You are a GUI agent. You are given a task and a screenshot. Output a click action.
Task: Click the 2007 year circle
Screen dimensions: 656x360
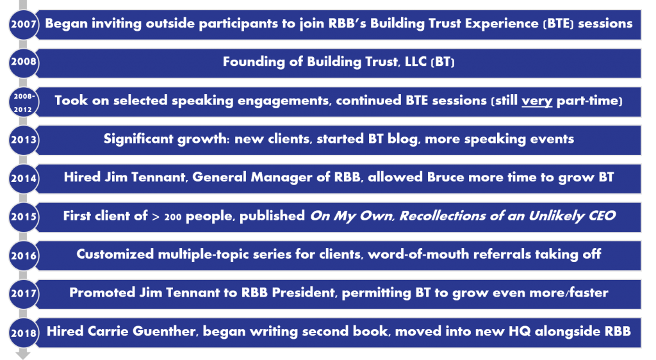click(24, 24)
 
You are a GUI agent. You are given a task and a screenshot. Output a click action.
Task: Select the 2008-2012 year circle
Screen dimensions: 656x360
click(24, 102)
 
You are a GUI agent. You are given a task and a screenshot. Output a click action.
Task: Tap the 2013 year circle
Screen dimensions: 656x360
click(24, 140)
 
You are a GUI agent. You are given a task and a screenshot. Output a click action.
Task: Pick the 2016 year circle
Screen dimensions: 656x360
click(24, 255)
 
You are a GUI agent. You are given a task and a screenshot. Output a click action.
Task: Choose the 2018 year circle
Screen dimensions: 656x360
click(24, 333)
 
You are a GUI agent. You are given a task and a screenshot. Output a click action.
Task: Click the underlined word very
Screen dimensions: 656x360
click(537, 101)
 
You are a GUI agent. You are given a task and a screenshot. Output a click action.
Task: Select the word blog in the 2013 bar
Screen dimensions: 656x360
click(403, 139)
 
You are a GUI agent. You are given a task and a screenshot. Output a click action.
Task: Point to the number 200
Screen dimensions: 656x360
click(173, 217)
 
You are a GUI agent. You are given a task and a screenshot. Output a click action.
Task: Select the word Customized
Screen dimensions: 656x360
click(115, 254)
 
